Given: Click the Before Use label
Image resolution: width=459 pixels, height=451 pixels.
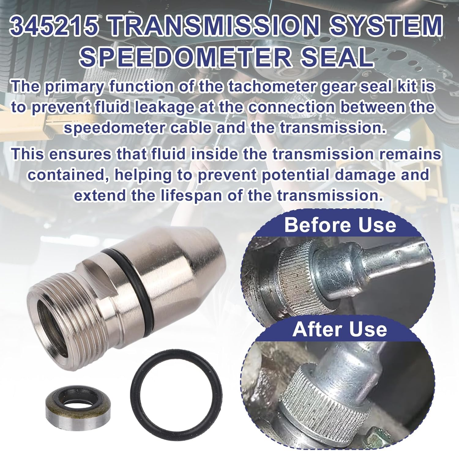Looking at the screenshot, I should (340, 225).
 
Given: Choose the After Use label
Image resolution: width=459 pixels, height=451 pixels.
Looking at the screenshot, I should (340, 329).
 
